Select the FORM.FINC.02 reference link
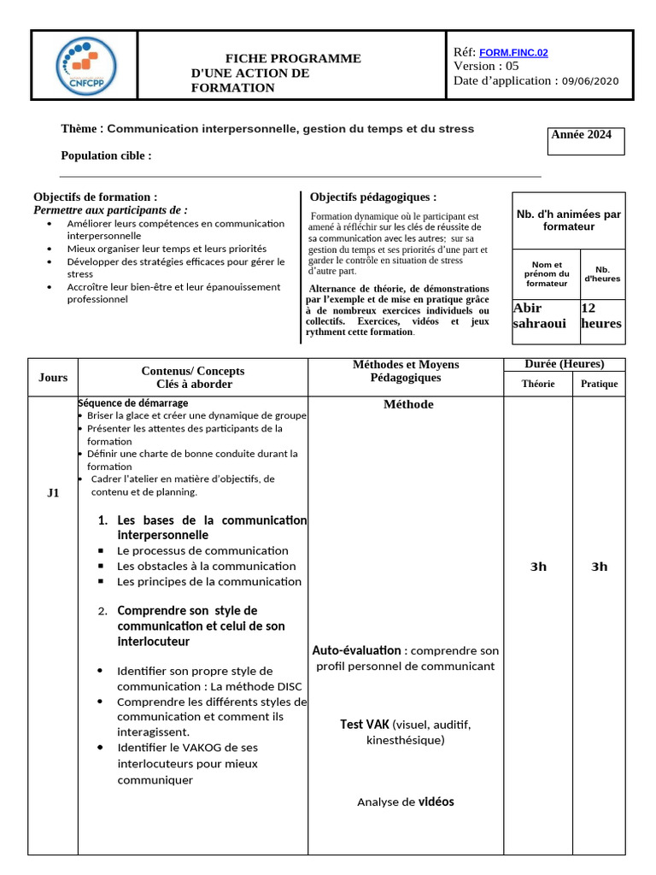(x=514, y=52)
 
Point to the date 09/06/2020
(x=590, y=81)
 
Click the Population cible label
(x=106, y=156)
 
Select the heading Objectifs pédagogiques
(x=372, y=197)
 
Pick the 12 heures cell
(x=601, y=315)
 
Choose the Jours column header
(x=53, y=378)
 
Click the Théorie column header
(x=538, y=384)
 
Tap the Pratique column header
(x=599, y=384)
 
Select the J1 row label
(x=53, y=493)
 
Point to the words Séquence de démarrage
(x=133, y=402)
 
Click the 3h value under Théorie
(x=538, y=567)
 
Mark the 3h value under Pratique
(x=600, y=567)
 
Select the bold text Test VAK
(x=364, y=724)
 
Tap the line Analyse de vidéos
(x=406, y=802)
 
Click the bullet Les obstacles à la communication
(x=206, y=566)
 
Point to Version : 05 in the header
(x=486, y=66)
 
